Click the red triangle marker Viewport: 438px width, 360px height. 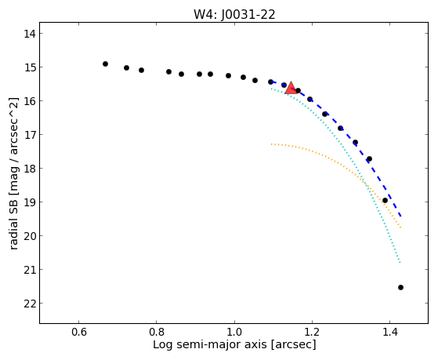pyautogui.click(x=291, y=89)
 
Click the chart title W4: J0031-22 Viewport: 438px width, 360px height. pyautogui.click(x=234, y=15)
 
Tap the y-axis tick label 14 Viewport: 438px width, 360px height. pyautogui.click(x=29, y=34)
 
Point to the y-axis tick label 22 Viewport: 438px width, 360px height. pyautogui.click(x=29, y=304)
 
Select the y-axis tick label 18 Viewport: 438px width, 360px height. pyautogui.click(x=29, y=169)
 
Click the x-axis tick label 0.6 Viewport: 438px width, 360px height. pyautogui.click(x=79, y=332)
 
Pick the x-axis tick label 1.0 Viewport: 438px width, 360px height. pyautogui.click(x=234, y=332)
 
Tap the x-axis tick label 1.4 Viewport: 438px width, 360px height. pyautogui.click(x=389, y=332)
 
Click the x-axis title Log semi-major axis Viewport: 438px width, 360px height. pyautogui.click(x=210, y=344)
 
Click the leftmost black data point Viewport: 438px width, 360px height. pyautogui.click(x=105, y=64)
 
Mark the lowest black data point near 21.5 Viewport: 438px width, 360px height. pyautogui.click(x=400, y=288)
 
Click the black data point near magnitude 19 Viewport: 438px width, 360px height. pyautogui.click(x=385, y=201)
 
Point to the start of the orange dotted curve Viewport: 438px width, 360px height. pyautogui.click(x=271, y=144)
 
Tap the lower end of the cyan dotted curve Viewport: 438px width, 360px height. pyautogui.click(x=400, y=263)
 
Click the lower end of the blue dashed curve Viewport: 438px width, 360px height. pyautogui.click(x=401, y=216)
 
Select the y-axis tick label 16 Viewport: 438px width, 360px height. pyautogui.click(x=29, y=101)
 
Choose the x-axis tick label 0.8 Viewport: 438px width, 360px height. pyautogui.click(x=157, y=332)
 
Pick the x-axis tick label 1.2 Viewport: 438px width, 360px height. pyautogui.click(x=312, y=332)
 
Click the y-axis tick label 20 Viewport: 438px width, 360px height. pyautogui.click(x=29, y=236)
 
